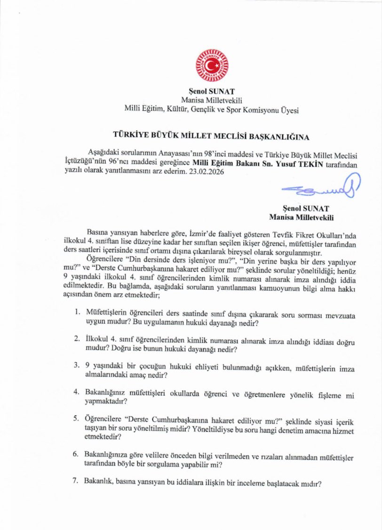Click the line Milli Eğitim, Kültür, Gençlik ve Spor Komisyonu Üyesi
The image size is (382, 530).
click(211, 109)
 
